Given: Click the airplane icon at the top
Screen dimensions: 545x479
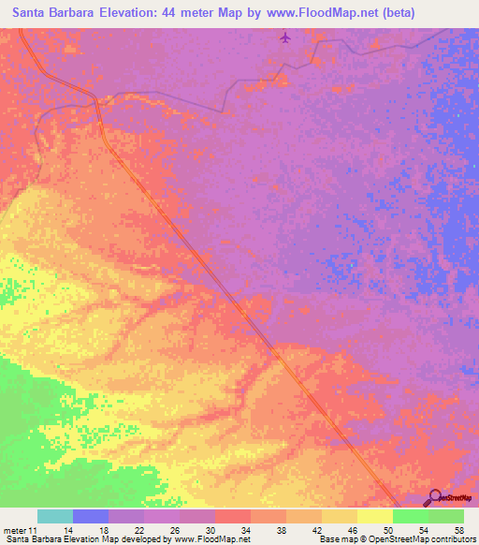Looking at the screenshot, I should click(285, 38).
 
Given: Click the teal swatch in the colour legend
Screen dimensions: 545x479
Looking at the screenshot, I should click(55, 516).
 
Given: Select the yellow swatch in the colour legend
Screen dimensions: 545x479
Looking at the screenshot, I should click(375, 516).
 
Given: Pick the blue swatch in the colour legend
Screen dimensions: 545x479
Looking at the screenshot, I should click(91, 516).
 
